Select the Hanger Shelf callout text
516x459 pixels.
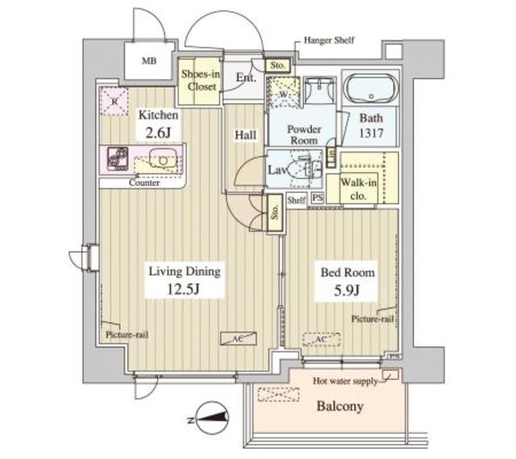click(329, 40)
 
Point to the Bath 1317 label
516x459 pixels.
click(368, 127)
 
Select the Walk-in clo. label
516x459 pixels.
click(360, 187)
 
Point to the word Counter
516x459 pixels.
click(144, 183)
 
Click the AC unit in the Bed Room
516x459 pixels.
click(319, 340)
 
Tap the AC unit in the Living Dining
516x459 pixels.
click(239, 340)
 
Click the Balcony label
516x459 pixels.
click(339, 406)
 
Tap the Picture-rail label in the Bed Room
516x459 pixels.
click(372, 319)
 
